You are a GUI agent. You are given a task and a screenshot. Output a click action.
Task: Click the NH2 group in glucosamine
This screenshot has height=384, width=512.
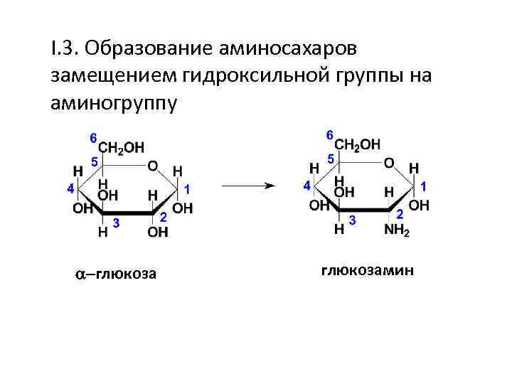point(397,230)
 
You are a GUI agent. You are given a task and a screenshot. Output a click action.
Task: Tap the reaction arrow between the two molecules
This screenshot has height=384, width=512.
point(248,186)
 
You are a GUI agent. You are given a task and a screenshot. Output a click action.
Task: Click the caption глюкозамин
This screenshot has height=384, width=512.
point(367,271)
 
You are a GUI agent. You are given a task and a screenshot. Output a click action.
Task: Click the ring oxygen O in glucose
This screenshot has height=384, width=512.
point(153,166)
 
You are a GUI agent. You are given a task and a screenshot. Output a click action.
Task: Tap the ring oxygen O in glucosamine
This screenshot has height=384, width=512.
point(388,163)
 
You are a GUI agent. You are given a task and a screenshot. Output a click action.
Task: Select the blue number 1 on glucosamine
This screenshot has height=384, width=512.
point(423,186)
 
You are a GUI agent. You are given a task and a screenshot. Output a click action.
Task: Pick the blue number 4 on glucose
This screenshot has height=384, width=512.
point(70,188)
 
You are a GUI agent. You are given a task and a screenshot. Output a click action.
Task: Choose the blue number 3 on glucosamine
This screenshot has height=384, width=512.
point(352,220)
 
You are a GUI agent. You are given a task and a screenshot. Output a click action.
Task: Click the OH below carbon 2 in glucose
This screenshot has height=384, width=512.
point(158,233)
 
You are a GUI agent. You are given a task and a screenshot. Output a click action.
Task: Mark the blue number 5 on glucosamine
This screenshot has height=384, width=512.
point(330,159)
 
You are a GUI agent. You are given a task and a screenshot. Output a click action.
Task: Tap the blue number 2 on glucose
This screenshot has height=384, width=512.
point(163,216)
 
